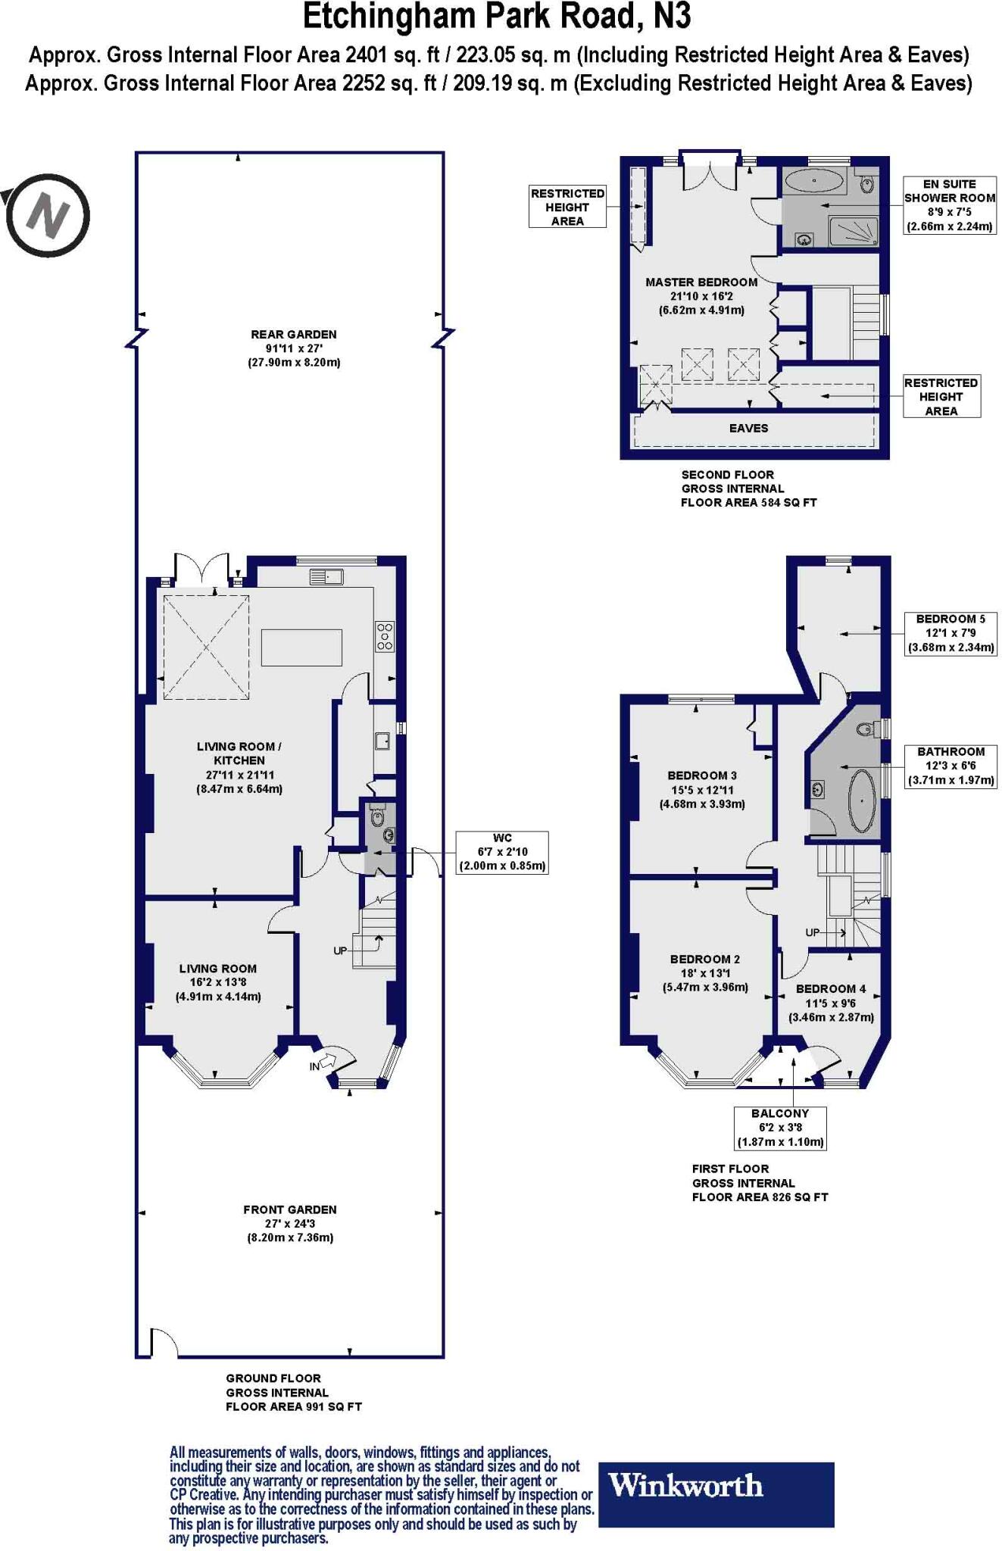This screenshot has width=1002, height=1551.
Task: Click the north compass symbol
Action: point(47,215)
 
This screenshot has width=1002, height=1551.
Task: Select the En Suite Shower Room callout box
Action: point(949,205)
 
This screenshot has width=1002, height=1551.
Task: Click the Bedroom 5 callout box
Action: point(950,633)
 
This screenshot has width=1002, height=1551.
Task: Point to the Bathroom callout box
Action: point(950,766)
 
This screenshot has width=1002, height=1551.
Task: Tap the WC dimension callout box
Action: point(502,852)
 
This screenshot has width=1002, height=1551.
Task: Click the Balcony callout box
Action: point(780,1128)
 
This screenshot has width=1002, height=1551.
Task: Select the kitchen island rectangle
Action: point(301,648)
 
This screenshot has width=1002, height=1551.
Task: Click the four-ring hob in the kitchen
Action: point(385,636)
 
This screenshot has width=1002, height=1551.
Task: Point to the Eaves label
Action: point(748,429)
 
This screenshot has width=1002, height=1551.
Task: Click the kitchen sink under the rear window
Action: point(326,577)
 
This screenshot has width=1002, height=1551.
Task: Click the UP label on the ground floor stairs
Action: point(340,950)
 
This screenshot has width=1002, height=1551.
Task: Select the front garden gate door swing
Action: point(163,1343)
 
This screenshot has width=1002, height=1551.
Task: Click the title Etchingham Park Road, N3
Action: point(497,17)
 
